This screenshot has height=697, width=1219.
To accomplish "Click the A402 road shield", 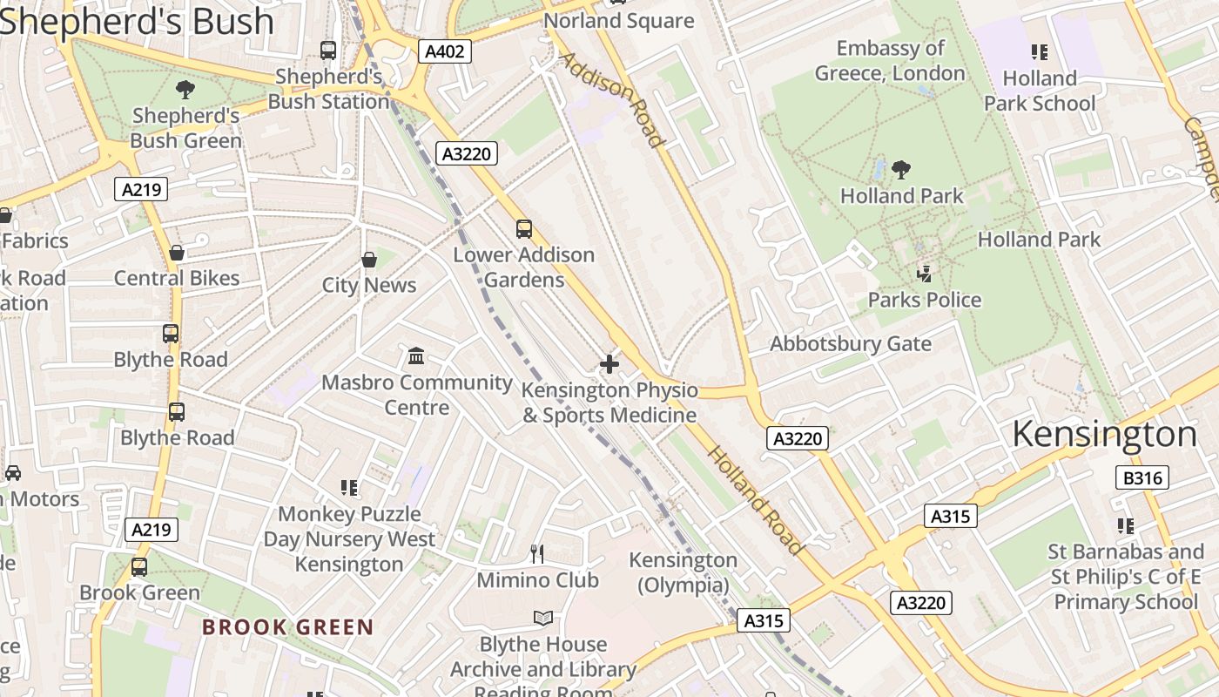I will point(444,51).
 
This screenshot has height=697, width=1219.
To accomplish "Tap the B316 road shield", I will point(1142,477).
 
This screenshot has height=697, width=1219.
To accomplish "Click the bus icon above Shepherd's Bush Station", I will point(328,51).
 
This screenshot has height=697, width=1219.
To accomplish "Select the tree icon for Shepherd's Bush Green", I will point(185,89).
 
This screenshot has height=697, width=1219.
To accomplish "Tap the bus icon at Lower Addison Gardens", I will point(523,229).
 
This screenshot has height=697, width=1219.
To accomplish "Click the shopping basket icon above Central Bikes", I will point(177,253).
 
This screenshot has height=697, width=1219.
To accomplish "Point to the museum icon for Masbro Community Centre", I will point(416,356).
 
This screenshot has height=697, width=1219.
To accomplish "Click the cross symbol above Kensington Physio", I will point(609,364).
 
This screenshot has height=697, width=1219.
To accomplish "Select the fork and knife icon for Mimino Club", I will point(537,553).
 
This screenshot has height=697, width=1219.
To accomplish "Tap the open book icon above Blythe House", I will point(543,618).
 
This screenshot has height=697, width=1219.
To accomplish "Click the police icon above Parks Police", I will point(924,274).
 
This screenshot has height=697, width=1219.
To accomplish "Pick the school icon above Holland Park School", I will point(1039,52).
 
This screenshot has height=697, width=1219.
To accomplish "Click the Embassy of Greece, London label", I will point(890,61).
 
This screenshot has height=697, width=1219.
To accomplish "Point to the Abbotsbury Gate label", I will point(851,343).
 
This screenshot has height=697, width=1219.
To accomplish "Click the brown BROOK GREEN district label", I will point(287,627).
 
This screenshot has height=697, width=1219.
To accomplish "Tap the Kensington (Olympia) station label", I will point(683,572).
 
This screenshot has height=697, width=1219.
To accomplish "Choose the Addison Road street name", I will point(611,100).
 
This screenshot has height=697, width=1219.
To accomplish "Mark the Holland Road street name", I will point(754,500).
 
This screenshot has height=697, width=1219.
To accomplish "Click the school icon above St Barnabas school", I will point(1126,526).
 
